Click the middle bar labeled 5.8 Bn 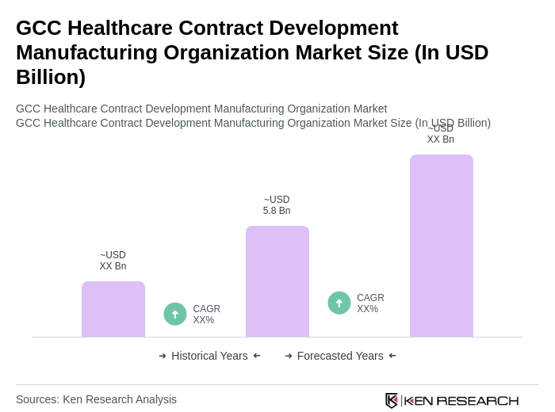(x=277, y=281)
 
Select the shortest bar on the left (x=113, y=309)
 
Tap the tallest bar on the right (x=441, y=246)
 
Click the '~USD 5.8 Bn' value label (x=277, y=205)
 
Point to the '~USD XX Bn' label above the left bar (x=113, y=261)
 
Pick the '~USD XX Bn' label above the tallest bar (x=441, y=134)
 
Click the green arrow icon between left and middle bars (x=175, y=314)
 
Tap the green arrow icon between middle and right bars (x=339, y=303)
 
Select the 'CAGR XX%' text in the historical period (x=206, y=315)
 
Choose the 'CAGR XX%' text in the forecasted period (x=370, y=303)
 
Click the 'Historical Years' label (x=209, y=356)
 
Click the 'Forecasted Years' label (x=340, y=356)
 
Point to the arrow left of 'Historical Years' (x=163, y=356)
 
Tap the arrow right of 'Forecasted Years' (x=392, y=356)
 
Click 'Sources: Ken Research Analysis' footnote (x=96, y=399)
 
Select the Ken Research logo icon (x=392, y=400)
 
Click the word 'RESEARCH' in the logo (x=477, y=401)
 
